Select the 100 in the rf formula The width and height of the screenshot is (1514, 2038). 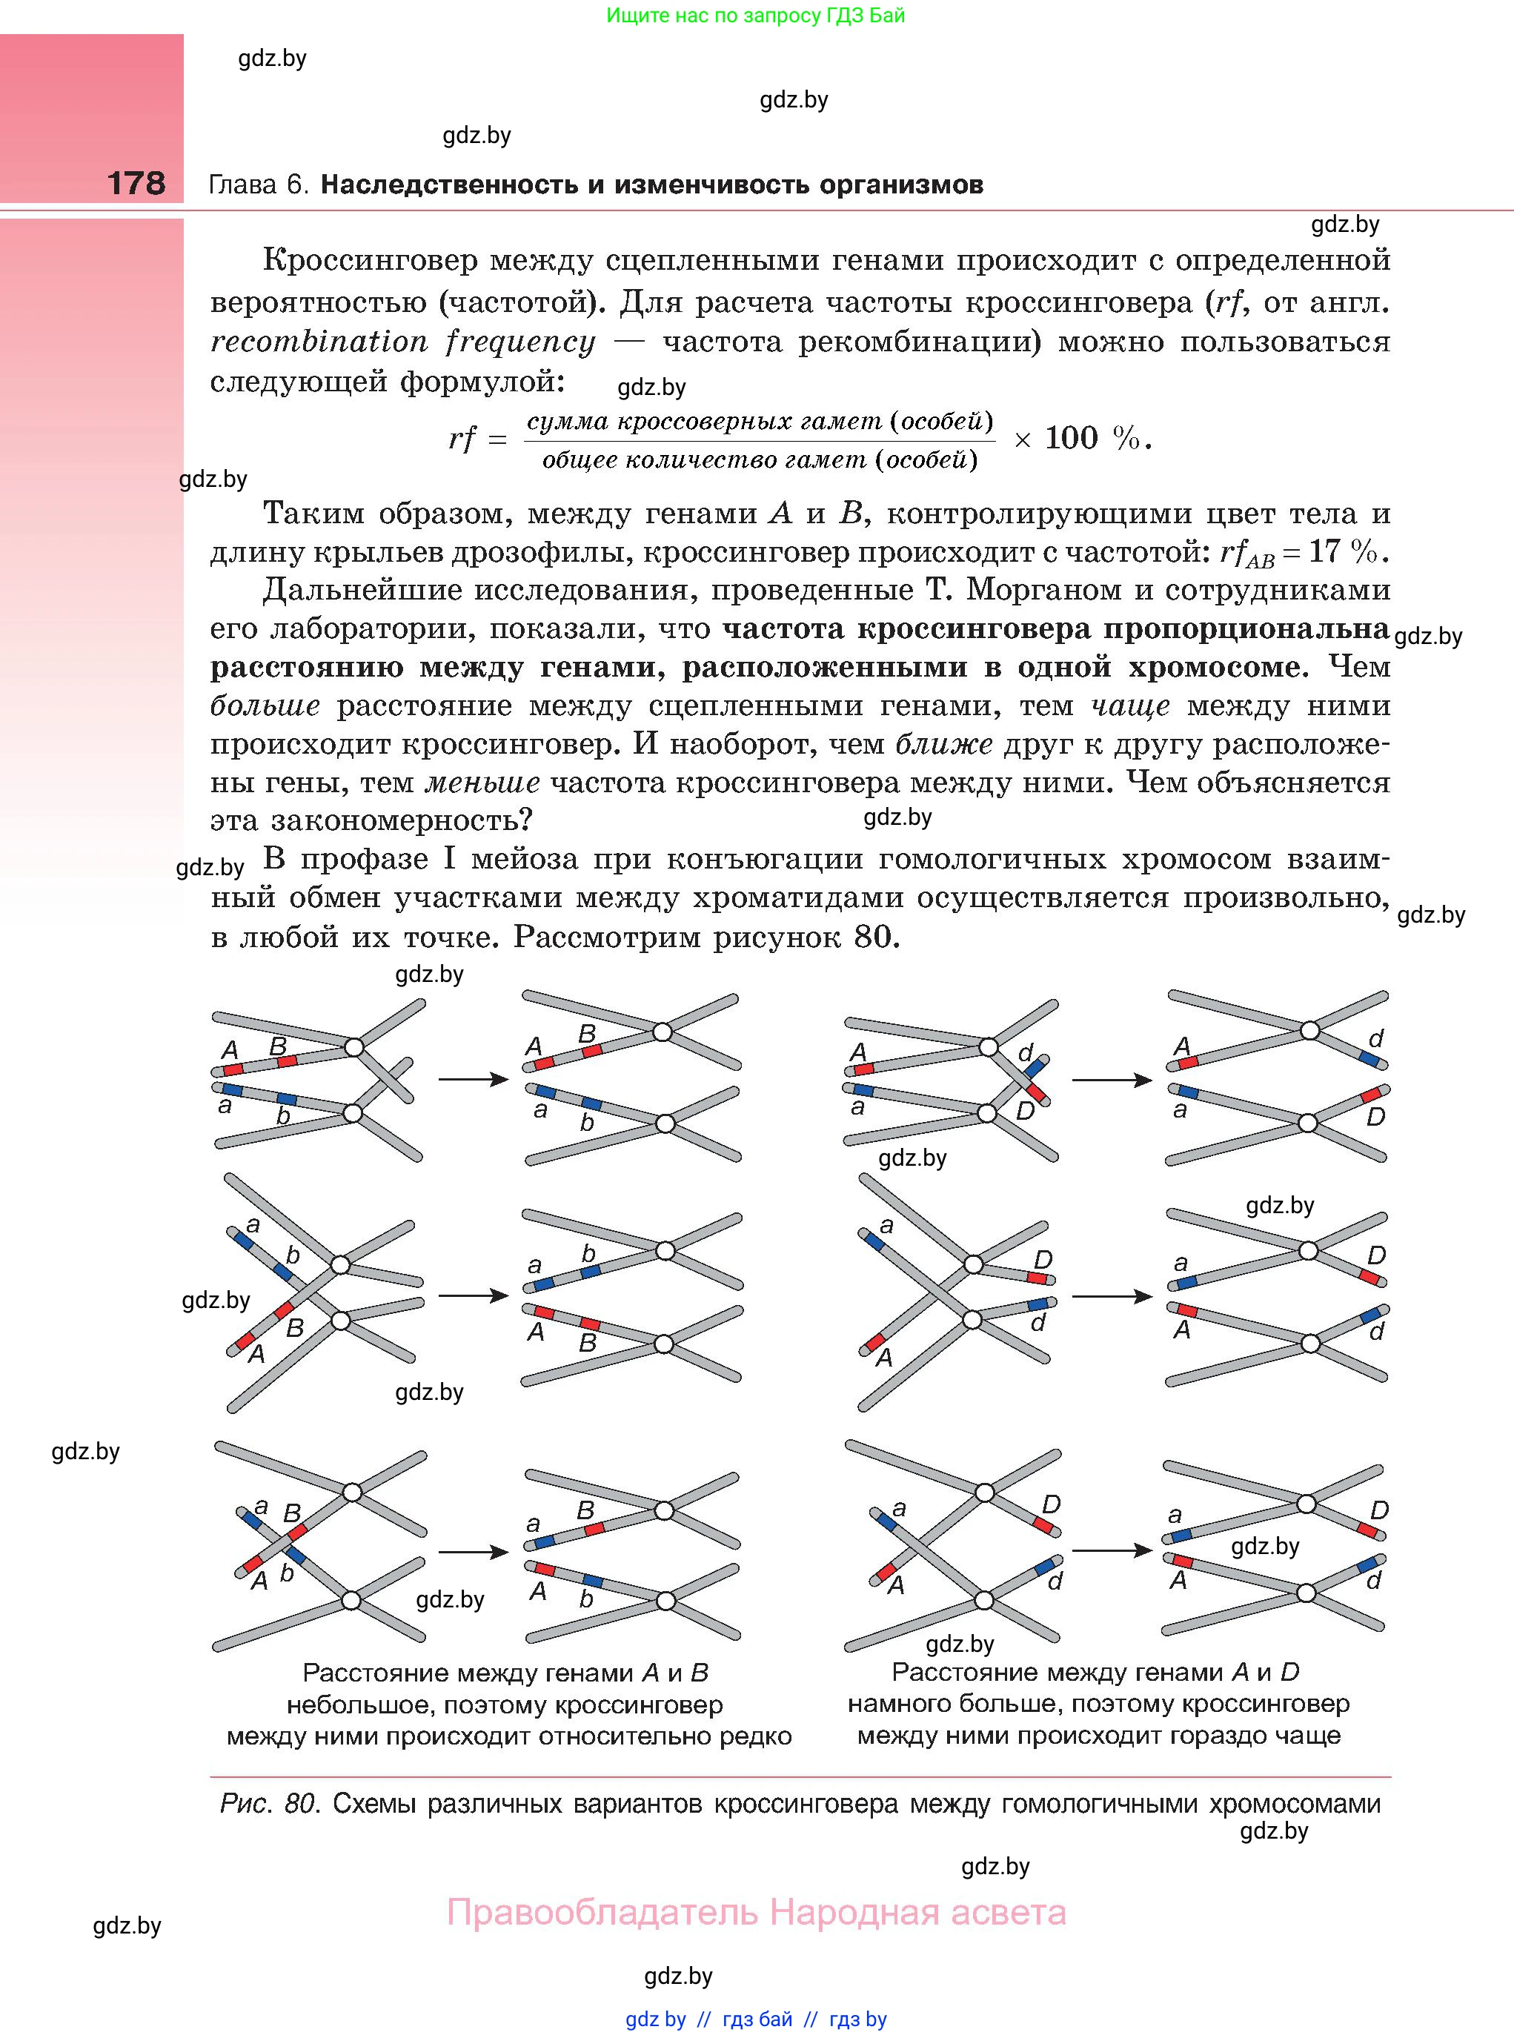(x=1070, y=439)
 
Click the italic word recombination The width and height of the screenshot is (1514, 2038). (x=319, y=342)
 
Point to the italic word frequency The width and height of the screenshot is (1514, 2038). (x=520, y=342)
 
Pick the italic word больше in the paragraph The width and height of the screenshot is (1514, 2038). (x=265, y=706)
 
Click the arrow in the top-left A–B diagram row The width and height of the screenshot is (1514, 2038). (x=473, y=1080)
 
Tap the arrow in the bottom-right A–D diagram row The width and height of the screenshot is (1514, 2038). (x=1111, y=1550)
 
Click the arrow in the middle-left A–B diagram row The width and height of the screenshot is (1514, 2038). (x=473, y=1295)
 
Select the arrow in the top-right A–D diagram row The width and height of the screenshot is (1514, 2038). (x=1111, y=1080)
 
